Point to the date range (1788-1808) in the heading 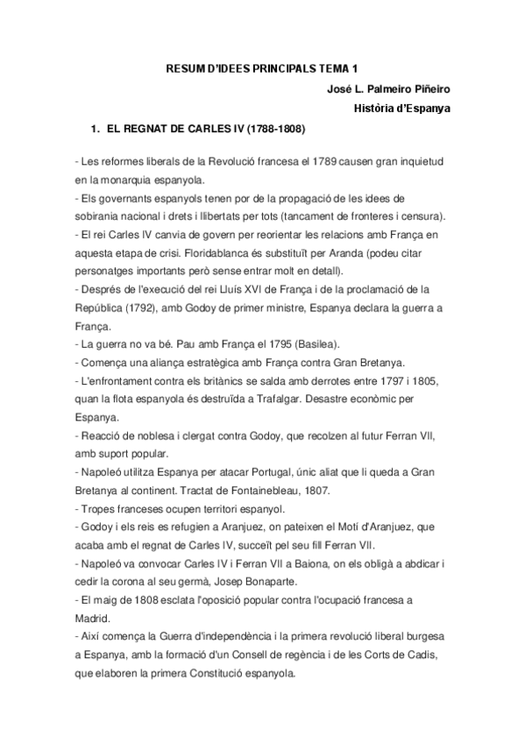(x=276, y=128)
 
